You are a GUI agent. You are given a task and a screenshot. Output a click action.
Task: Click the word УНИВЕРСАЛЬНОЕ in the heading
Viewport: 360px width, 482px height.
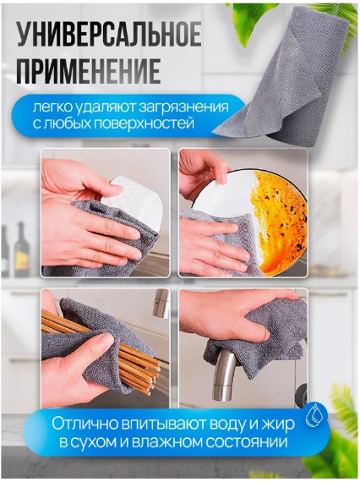pyautogui.click(x=109, y=37)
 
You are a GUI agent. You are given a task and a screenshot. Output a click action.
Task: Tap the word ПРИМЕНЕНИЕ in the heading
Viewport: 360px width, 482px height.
pyautogui.click(x=89, y=72)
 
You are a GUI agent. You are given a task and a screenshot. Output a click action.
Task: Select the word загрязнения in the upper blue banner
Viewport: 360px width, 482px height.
pyautogui.click(x=184, y=108)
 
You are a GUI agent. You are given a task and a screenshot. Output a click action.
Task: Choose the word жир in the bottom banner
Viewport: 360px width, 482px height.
pyautogui.click(x=280, y=424)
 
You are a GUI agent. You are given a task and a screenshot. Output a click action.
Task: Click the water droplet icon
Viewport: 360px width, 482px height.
pyautogui.click(x=314, y=417)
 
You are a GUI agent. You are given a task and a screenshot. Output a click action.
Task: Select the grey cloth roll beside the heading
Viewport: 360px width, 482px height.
pyautogui.click(x=286, y=77)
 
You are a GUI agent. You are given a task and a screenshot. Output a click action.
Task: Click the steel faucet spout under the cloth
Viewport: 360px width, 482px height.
pyautogui.click(x=224, y=375)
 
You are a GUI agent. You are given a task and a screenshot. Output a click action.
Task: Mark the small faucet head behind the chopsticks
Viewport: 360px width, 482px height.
pyautogui.click(x=161, y=303)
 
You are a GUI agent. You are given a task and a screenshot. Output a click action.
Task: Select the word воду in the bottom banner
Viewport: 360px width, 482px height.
pyautogui.click(x=227, y=424)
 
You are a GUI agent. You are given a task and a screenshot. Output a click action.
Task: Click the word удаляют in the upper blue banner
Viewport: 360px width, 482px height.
pyautogui.click(x=106, y=108)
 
